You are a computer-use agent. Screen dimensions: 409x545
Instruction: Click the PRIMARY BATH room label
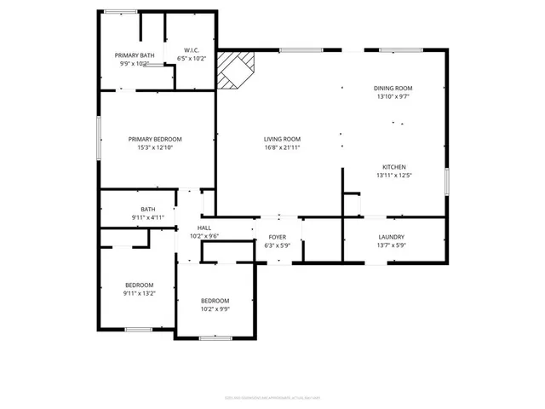pos(134,55)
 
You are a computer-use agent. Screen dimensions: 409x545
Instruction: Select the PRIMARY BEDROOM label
pos(155,139)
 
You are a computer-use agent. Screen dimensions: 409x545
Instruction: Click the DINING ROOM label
pos(393,89)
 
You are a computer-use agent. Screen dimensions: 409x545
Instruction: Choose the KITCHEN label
pos(393,167)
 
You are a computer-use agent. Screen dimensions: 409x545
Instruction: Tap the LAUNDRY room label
pos(392,237)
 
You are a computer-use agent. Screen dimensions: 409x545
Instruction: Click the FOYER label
pos(278,237)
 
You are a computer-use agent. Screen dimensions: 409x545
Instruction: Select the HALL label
pos(204,228)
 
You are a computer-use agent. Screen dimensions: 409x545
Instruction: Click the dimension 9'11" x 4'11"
pos(148,218)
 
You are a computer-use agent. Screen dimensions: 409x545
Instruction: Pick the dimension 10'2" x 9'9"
pos(215,308)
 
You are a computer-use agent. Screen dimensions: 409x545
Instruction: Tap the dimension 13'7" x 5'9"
pos(392,245)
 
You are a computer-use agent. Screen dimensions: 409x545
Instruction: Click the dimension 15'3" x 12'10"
pos(155,147)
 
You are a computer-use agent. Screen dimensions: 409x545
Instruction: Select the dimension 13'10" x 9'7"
pos(393,97)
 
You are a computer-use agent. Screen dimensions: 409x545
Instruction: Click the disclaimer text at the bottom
pos(272,396)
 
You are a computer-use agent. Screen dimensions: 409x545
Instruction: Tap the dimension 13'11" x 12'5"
pos(393,176)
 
